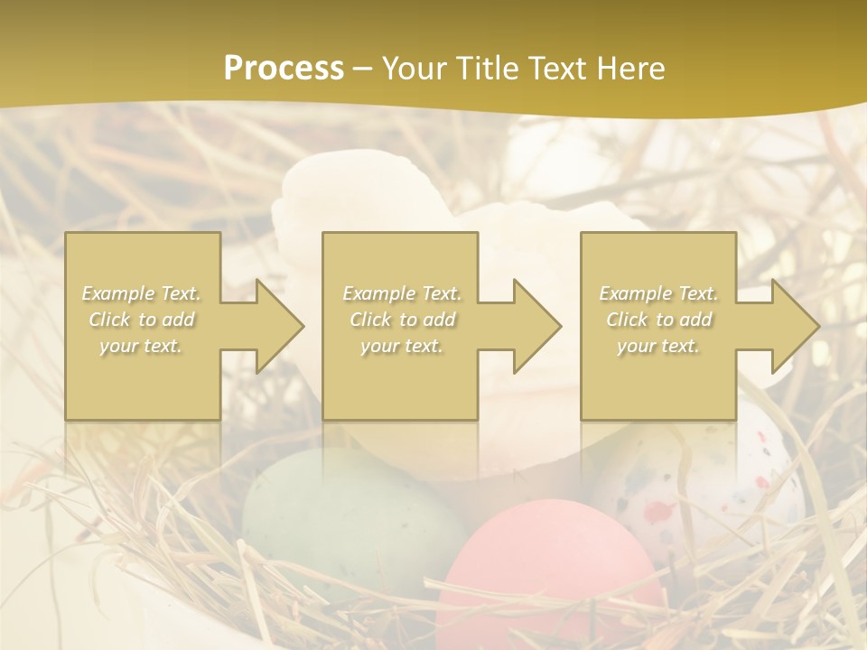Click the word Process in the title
pyautogui.click(x=284, y=69)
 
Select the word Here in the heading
pyautogui.click(x=630, y=69)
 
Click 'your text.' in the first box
pyautogui.click(x=141, y=345)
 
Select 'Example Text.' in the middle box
pyautogui.click(x=402, y=293)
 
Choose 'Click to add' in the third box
pyautogui.click(x=659, y=320)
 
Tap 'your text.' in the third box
pyautogui.click(x=658, y=346)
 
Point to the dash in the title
pyautogui.click(x=362, y=69)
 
